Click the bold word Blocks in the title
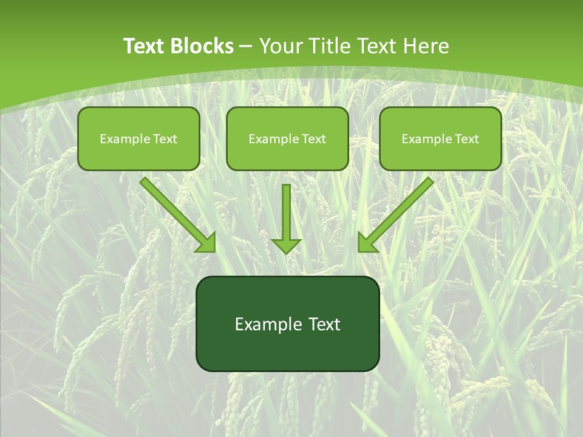(202, 46)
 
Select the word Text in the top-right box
(466, 139)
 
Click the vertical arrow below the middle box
(286, 212)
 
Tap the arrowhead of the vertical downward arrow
(286, 245)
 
